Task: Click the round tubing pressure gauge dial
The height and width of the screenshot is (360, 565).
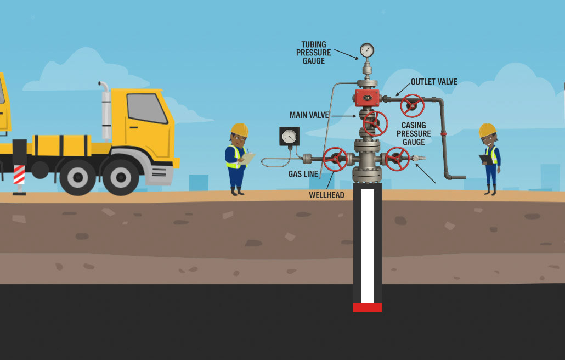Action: [367, 51]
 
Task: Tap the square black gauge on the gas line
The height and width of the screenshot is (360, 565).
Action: [289, 136]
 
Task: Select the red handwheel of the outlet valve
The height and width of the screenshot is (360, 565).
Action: [412, 105]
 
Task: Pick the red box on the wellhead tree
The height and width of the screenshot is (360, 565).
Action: [367, 98]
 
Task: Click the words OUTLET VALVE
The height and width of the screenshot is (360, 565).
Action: [434, 82]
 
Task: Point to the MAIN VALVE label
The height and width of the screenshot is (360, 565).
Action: [309, 115]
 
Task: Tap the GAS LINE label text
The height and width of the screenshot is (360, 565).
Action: [303, 174]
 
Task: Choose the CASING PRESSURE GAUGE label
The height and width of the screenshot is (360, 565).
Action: [414, 133]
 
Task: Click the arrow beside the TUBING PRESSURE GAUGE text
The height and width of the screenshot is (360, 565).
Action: [346, 53]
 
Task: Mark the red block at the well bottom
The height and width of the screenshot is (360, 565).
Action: [368, 307]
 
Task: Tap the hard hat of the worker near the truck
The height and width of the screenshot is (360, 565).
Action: [239, 130]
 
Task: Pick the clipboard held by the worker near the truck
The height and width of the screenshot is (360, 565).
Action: [248, 159]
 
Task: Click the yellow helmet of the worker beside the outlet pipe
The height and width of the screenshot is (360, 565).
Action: [487, 130]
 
